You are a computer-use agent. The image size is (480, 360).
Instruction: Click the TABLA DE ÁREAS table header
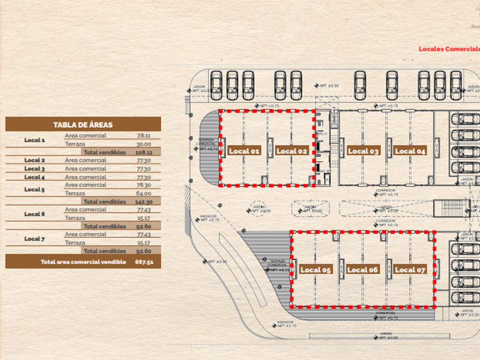(x=83, y=125)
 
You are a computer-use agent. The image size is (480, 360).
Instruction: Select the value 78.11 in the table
(x=143, y=136)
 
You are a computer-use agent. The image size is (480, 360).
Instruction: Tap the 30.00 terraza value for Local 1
(x=143, y=145)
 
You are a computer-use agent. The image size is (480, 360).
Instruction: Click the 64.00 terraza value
(x=143, y=193)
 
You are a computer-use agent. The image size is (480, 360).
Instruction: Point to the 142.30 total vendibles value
(x=143, y=202)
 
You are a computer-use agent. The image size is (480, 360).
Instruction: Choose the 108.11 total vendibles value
(x=143, y=153)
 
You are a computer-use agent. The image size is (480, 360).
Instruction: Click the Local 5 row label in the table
(x=34, y=189)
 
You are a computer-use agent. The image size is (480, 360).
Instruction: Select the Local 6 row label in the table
(x=34, y=214)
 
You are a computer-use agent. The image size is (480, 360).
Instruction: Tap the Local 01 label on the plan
(x=244, y=151)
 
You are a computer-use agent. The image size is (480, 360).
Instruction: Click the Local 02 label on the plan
(x=292, y=151)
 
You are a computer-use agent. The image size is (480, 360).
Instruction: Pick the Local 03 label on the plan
(x=363, y=151)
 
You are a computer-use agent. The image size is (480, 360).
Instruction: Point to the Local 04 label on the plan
(x=410, y=151)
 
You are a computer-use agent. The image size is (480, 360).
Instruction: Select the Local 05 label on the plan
(x=315, y=270)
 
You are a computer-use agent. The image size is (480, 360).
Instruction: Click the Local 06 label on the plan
(x=362, y=270)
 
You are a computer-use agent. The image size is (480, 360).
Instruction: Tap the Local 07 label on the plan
(x=410, y=270)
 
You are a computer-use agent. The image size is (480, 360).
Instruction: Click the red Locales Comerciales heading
(x=449, y=49)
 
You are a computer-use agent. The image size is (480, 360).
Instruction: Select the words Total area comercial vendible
(x=83, y=262)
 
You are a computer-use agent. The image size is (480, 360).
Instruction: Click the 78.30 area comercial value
(x=143, y=185)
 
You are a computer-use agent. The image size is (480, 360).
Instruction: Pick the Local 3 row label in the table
(x=34, y=169)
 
